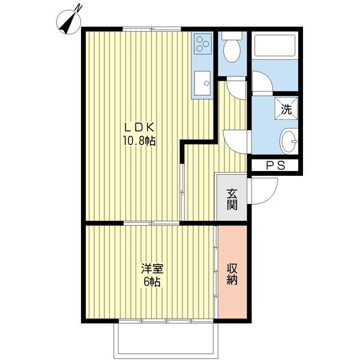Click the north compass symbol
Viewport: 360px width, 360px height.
(69, 22)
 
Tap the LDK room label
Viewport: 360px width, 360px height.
(139, 127)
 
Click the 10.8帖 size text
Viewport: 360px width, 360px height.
(139, 140)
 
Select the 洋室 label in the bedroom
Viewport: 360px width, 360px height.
(152, 269)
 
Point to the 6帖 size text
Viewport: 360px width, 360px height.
(152, 282)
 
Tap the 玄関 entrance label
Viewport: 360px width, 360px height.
(232, 199)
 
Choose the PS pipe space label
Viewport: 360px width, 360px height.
(275, 165)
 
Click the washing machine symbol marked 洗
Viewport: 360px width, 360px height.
(286, 109)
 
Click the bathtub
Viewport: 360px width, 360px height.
(275, 45)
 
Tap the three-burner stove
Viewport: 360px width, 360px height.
(203, 44)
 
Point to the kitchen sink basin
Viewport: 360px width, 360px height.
(203, 83)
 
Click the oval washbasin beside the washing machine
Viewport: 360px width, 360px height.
(289, 141)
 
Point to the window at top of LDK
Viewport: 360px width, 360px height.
(152, 29)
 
